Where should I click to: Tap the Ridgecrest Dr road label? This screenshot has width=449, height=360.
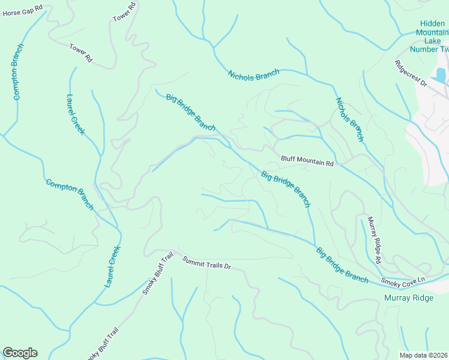pos(411,74)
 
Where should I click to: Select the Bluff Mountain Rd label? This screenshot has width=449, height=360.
pos(307,161)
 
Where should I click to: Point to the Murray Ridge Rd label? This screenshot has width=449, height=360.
pos(374,240)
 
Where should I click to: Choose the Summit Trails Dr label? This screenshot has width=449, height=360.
pos(206,262)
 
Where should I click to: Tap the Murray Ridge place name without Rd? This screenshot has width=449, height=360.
pos(408,298)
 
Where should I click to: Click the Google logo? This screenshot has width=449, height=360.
pos(20,353)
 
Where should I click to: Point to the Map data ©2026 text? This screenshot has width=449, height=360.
pos(423,355)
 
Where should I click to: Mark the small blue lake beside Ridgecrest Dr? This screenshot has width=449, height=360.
pos(441,75)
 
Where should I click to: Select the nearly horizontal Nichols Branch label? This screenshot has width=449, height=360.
pos(253,75)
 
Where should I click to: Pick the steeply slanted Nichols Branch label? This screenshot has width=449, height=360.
pos(349,119)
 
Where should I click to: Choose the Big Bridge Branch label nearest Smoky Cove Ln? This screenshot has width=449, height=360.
pos(342,265)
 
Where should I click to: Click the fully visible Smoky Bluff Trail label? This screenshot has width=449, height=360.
pos(157,273)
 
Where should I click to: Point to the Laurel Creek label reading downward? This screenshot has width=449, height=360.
pos(76,115)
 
